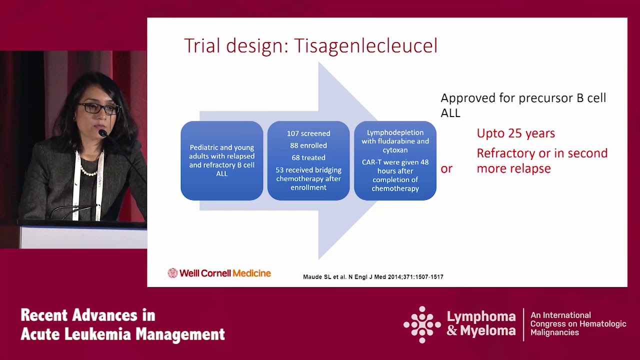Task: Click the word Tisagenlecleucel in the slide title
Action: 365,45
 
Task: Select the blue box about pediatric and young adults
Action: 221,160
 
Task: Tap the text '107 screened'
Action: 308,133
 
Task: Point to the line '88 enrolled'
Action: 308,145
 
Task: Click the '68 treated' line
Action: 308,157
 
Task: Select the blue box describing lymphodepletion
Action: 395,160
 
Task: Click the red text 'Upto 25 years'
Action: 515,133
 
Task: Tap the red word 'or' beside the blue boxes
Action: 446,169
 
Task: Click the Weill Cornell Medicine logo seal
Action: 172,273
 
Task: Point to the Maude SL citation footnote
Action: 373,277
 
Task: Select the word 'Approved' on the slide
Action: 467,98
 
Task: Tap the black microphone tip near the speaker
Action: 102,133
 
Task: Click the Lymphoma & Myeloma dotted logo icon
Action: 422,324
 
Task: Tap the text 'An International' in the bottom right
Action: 560,315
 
